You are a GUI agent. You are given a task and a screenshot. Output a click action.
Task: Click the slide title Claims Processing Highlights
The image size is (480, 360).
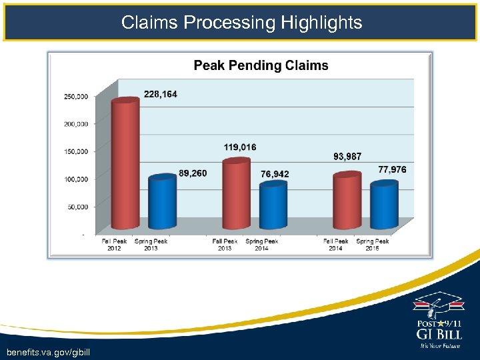[x=241, y=23]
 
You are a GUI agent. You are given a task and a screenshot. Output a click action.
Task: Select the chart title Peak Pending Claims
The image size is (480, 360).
[x=261, y=65]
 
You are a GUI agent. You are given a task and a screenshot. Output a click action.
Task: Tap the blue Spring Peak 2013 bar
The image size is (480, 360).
[x=162, y=201]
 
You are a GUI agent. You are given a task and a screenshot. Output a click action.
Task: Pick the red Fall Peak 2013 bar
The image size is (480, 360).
[x=236, y=193]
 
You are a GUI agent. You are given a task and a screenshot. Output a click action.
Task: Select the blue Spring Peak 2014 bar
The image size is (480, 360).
[x=273, y=205]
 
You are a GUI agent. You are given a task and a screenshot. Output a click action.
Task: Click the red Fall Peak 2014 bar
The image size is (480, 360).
[x=347, y=200]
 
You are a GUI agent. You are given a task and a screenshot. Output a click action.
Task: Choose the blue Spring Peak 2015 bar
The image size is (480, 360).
[x=383, y=205]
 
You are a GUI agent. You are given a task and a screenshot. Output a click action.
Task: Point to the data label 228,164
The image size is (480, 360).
[x=161, y=95]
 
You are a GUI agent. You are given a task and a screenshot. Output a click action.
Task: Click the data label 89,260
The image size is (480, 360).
[x=193, y=173]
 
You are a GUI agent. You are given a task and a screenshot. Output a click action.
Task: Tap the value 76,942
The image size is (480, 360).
[x=275, y=174]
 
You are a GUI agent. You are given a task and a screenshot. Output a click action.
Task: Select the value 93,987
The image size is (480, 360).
[x=347, y=157]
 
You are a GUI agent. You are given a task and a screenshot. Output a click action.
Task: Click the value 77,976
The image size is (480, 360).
[x=392, y=170]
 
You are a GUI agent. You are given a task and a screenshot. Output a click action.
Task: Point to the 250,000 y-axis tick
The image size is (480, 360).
[x=76, y=97]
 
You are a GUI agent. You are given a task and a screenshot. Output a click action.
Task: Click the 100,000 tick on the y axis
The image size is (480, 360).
[x=76, y=179]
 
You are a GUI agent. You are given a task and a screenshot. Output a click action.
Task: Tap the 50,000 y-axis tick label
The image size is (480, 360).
[x=77, y=207]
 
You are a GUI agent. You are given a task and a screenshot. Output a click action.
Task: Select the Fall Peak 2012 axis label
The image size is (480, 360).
[x=114, y=245]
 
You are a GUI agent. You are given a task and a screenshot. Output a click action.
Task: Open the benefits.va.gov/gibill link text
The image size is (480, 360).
[x=47, y=351]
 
